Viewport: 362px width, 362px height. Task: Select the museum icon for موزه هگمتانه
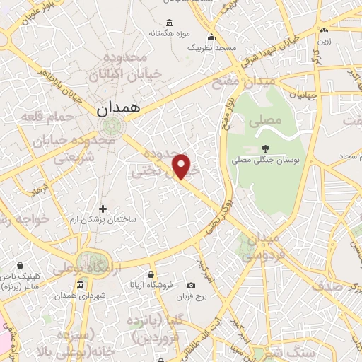tap(168, 23)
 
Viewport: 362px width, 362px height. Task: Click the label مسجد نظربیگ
tap(211, 47)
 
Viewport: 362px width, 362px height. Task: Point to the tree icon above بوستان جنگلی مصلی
tap(265, 148)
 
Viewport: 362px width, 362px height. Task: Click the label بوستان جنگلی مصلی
tap(266, 160)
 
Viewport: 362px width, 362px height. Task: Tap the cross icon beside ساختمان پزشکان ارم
tap(103, 209)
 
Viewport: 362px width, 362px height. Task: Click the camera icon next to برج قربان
tap(192, 286)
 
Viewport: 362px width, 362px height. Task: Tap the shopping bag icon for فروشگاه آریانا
tap(151, 274)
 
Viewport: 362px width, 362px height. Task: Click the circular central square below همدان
tap(110, 127)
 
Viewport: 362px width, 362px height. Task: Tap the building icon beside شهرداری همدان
tap(80, 284)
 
